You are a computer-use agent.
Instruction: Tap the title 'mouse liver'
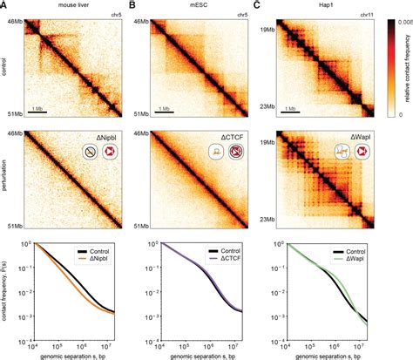click(70, 6)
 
